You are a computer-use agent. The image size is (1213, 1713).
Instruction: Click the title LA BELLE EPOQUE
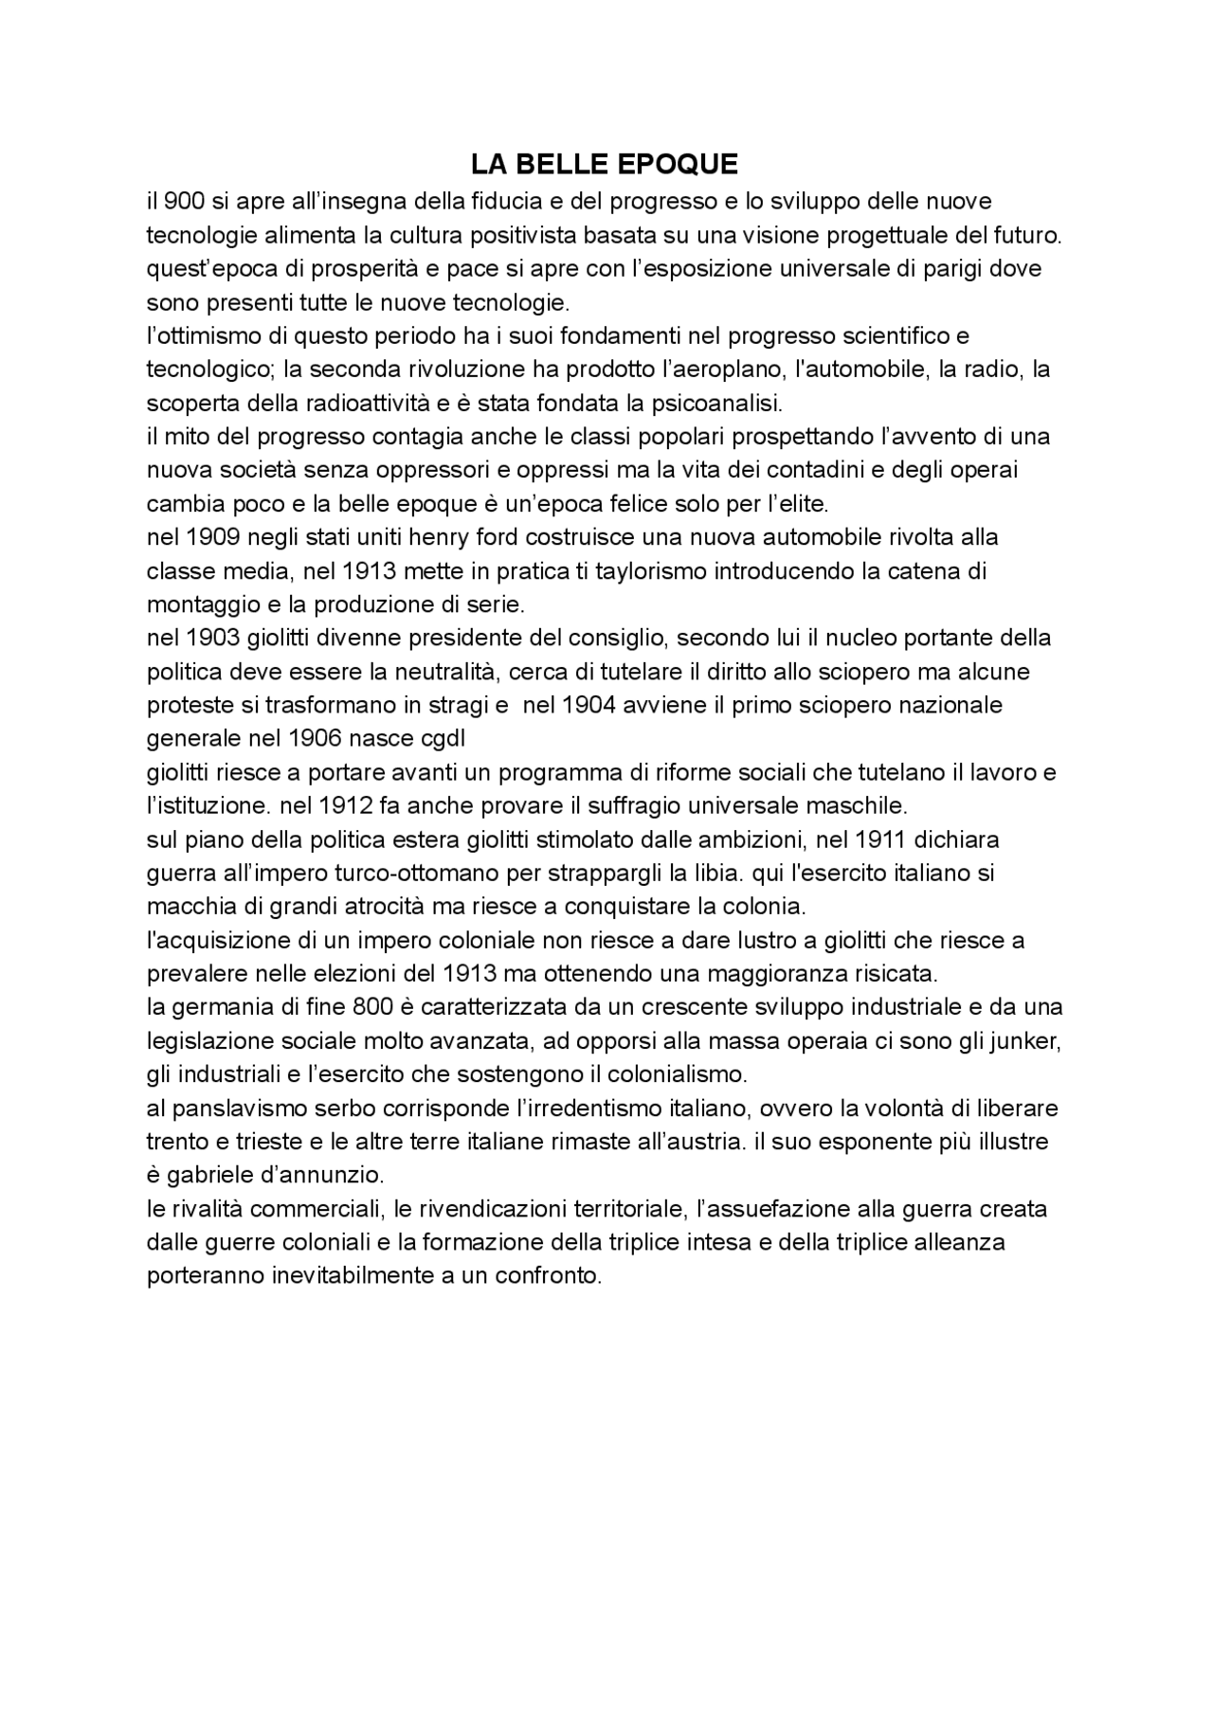coord(605,165)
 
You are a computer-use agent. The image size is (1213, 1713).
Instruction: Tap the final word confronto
coord(553,1276)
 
